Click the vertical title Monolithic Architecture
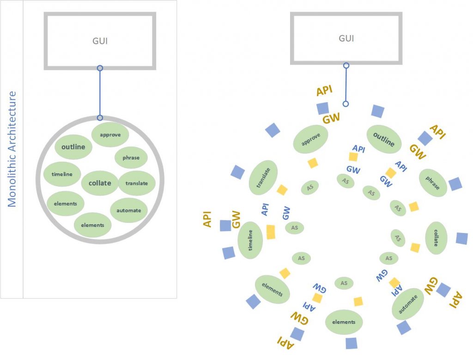pos(12,149)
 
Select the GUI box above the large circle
pos(100,41)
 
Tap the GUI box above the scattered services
pos(346,38)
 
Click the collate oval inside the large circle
pos(100,183)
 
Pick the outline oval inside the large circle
pos(73,147)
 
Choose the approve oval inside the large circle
pos(110,134)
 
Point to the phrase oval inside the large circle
pos(131,158)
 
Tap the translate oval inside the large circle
pos(136,183)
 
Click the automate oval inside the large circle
pos(128,210)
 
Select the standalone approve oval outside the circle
pos(310,139)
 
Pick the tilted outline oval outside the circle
pos(383,140)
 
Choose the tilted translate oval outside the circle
pos(263,177)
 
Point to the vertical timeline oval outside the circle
pos(250,240)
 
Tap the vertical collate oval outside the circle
pos(436,238)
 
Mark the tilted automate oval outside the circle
pos(408,303)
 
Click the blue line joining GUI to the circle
pos(100,92)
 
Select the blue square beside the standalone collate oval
pos(461,238)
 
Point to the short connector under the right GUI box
pos(346,85)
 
